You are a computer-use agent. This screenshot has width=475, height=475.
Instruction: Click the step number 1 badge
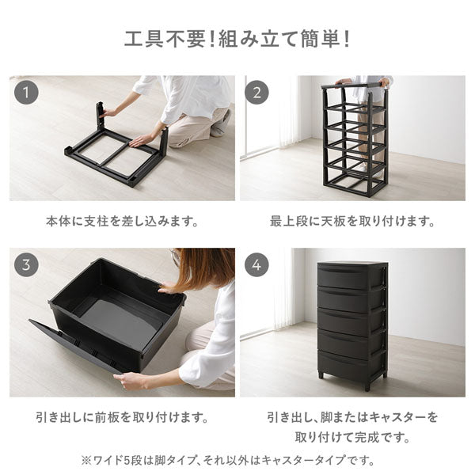click(x=26, y=93)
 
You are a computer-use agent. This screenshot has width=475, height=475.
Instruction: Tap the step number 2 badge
click(x=256, y=93)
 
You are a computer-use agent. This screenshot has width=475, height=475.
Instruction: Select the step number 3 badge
click(x=26, y=264)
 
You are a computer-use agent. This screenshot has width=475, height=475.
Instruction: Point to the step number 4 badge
click(x=256, y=264)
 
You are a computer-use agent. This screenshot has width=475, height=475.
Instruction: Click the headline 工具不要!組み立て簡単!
click(x=237, y=40)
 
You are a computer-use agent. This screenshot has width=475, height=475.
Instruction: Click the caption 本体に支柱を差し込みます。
click(x=122, y=222)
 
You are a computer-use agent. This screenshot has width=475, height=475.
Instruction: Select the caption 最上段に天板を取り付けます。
click(x=352, y=222)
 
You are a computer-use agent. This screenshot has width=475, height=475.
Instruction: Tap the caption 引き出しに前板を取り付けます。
click(x=122, y=418)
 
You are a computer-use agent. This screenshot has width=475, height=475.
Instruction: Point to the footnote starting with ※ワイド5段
click(x=228, y=461)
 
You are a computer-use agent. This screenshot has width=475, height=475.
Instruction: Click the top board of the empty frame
click(x=353, y=85)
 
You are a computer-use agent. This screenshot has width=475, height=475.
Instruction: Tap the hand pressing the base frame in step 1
click(x=141, y=141)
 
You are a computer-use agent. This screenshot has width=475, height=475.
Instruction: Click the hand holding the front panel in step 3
click(x=131, y=380)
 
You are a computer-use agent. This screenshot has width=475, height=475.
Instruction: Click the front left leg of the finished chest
click(x=321, y=375)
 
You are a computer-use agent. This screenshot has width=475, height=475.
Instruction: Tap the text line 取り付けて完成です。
click(x=352, y=437)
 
